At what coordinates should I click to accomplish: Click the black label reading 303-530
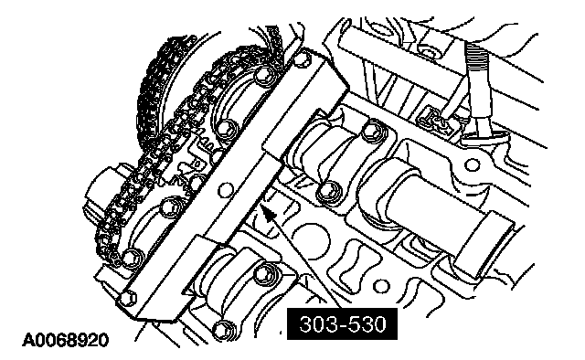[342, 323]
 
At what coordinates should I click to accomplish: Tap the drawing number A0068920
[66, 340]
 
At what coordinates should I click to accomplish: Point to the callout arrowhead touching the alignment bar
[268, 213]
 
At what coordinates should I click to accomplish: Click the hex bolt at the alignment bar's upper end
[302, 58]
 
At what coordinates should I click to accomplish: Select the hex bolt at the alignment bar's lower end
[128, 297]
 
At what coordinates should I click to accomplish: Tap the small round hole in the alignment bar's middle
[225, 189]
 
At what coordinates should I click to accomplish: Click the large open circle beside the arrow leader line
[312, 240]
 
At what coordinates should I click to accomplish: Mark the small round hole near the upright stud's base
[472, 164]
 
